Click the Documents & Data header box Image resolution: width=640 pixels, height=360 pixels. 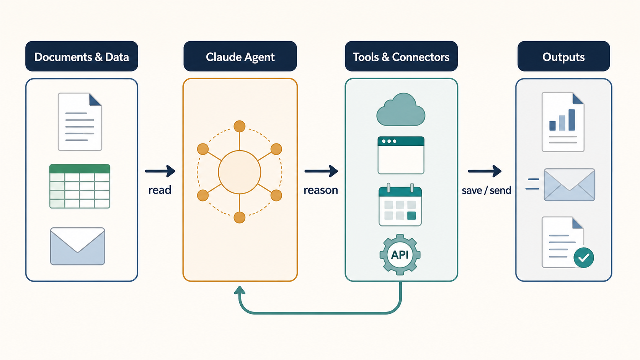tap(82, 56)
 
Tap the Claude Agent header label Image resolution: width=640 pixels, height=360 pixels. tap(240, 56)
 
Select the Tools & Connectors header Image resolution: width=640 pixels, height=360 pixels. tap(401, 56)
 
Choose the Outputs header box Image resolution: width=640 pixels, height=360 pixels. tap(563, 56)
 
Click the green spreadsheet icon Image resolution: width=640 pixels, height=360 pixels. tap(80, 186)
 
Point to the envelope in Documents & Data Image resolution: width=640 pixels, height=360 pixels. tap(77, 246)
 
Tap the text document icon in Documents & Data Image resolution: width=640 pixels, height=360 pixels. tap(80, 122)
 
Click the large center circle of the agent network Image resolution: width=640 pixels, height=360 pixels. tap(240, 172)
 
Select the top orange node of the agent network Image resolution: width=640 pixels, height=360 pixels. tap(240, 126)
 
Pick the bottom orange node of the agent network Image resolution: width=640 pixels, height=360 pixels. tap(240, 218)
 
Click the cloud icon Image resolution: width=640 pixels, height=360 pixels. tap(401, 109)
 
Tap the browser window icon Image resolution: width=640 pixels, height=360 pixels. tap(401, 155)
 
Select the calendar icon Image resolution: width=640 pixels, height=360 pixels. tap(400, 205)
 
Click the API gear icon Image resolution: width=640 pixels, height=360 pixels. tap(400, 255)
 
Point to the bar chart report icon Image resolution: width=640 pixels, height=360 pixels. tap(563, 122)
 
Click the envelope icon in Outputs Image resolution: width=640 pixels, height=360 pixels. tap(570, 185)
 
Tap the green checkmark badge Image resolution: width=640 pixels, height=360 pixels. tap(584, 257)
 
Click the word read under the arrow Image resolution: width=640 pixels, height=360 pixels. tap(160, 190)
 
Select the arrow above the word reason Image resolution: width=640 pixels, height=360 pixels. tap(321, 171)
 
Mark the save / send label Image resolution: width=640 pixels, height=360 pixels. tap(486, 191)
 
